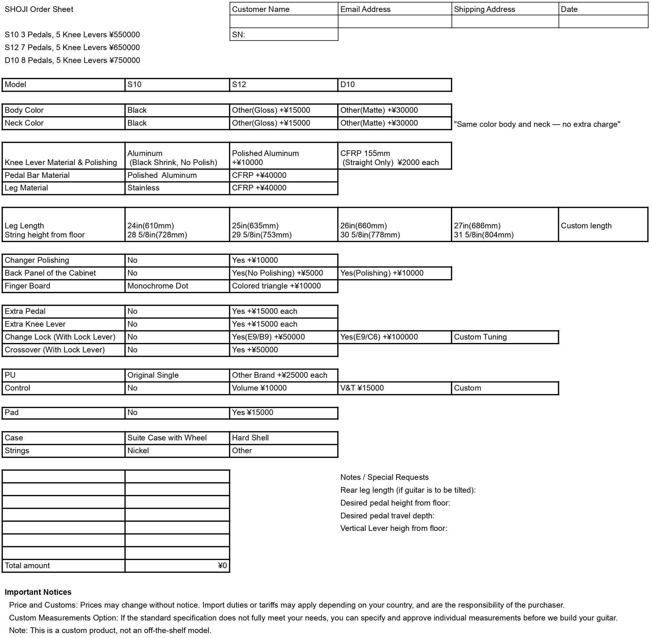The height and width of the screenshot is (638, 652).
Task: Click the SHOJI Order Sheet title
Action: click(x=39, y=9)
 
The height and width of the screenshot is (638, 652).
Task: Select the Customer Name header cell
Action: click(x=283, y=9)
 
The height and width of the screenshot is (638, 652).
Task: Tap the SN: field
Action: click(x=283, y=34)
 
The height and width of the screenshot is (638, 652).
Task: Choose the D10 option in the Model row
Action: click(x=394, y=85)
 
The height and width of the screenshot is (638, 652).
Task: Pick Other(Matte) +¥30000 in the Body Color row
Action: click(x=394, y=110)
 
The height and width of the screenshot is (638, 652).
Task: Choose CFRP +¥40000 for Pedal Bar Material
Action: click(x=283, y=175)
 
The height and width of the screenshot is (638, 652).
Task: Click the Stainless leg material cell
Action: click(x=177, y=188)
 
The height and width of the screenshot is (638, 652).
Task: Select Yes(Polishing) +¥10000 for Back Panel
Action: click(x=394, y=273)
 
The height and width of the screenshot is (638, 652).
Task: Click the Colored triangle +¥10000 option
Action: click(x=283, y=286)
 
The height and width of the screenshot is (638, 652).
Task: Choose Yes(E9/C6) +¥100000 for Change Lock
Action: click(x=394, y=337)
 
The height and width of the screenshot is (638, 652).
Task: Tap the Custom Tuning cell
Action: click(x=505, y=337)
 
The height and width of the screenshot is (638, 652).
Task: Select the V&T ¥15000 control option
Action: click(x=394, y=388)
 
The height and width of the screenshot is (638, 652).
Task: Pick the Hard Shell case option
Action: click(x=283, y=438)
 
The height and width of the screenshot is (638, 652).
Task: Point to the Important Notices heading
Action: click(x=38, y=592)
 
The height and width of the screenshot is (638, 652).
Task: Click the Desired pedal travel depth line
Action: click(x=387, y=516)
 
